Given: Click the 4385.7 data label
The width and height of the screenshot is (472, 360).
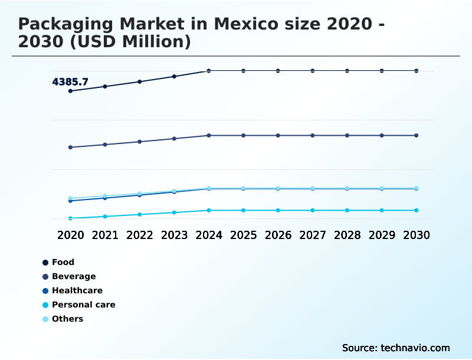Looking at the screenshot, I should pyautogui.click(x=70, y=82).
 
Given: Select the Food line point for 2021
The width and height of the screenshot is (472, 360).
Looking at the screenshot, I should pyautogui.click(x=105, y=86).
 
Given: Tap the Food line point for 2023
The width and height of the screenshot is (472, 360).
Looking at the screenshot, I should pyautogui.click(x=174, y=76).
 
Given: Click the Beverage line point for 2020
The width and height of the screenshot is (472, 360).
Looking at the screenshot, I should pyautogui.click(x=70, y=147).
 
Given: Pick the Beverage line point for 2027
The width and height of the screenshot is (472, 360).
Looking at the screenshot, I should pyautogui.click(x=313, y=135).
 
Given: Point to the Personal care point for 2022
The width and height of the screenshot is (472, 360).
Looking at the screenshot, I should pyautogui.click(x=139, y=214).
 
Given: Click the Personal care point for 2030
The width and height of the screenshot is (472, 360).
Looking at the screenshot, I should pyautogui.click(x=417, y=210).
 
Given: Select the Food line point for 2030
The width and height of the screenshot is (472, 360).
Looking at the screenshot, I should pyautogui.click(x=417, y=71).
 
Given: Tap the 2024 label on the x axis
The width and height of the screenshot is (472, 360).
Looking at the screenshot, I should pyautogui.click(x=209, y=235).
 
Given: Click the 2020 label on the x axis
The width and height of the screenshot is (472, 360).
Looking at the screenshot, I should pyautogui.click(x=70, y=235).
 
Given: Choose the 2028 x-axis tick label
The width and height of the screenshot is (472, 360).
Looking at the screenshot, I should pyautogui.click(x=347, y=235).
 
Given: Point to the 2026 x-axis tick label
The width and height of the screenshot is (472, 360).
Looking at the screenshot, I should pyautogui.click(x=278, y=235).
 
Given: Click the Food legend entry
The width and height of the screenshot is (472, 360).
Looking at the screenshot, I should pyautogui.click(x=63, y=262).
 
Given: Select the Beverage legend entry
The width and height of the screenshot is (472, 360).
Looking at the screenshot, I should pyautogui.click(x=73, y=276).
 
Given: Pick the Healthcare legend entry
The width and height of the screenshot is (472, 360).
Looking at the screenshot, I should pyautogui.click(x=77, y=290).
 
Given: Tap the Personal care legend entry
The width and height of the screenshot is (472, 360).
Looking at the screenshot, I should pyautogui.click(x=83, y=305).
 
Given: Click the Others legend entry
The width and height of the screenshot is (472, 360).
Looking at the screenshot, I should pyautogui.click(x=67, y=319).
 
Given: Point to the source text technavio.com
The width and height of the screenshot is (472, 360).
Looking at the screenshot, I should pyautogui.click(x=415, y=348).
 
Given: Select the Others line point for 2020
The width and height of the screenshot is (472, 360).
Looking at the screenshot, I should pyautogui.click(x=70, y=198).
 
